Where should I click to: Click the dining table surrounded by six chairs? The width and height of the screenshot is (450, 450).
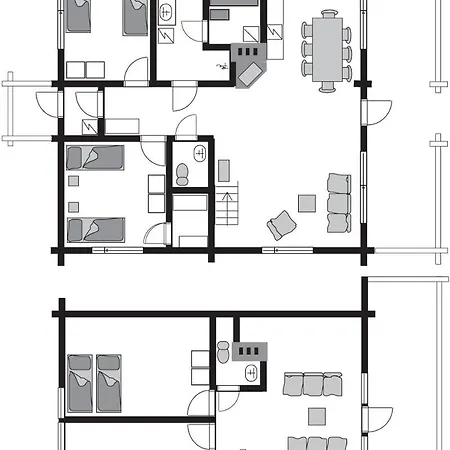click(x=327, y=50)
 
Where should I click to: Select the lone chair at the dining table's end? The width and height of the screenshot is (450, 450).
click(x=327, y=87)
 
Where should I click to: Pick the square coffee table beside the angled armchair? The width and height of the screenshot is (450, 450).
click(x=307, y=203)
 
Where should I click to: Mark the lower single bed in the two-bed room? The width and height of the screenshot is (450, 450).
click(x=95, y=229)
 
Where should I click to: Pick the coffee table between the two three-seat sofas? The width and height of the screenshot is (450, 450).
click(x=316, y=416)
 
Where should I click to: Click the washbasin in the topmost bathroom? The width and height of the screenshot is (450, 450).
click(x=167, y=12)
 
